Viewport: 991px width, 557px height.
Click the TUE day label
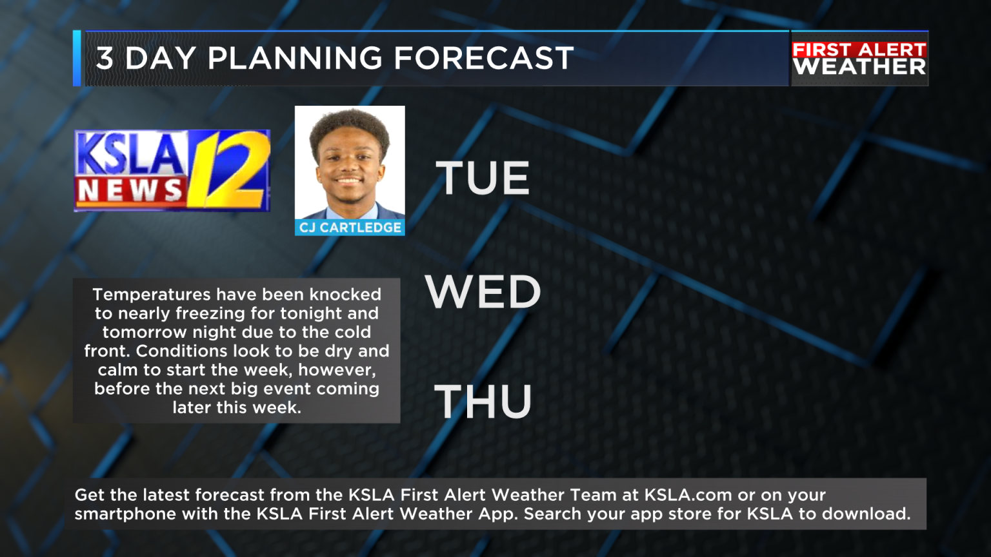tap(483, 178)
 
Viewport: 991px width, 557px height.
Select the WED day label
tap(483, 292)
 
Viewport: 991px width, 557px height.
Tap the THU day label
tap(483, 402)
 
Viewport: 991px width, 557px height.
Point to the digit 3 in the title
tap(105, 59)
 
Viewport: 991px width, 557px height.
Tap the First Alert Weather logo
tap(859, 59)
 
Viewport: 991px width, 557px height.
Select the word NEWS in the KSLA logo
tap(130, 191)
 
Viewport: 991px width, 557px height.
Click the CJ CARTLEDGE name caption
tap(350, 228)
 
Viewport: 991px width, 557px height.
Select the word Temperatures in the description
tap(150, 295)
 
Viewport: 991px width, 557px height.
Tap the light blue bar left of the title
tap(77, 58)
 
